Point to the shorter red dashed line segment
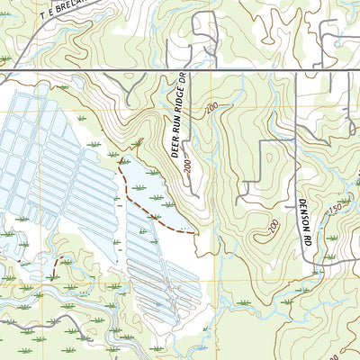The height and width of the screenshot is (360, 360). click(x=57, y=263)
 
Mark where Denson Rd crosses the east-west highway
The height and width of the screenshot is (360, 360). click(x=296, y=70)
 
